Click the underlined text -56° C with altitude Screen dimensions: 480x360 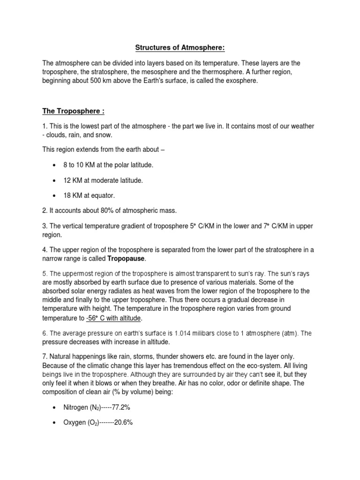pos(113,318)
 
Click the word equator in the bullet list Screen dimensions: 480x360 pos(103,195)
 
